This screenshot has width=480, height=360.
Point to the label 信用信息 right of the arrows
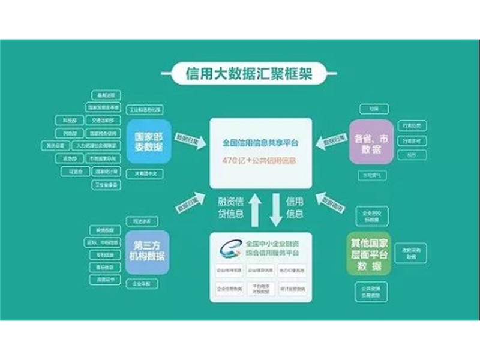point(295,207)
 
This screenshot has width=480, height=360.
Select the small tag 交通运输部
point(103,119)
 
